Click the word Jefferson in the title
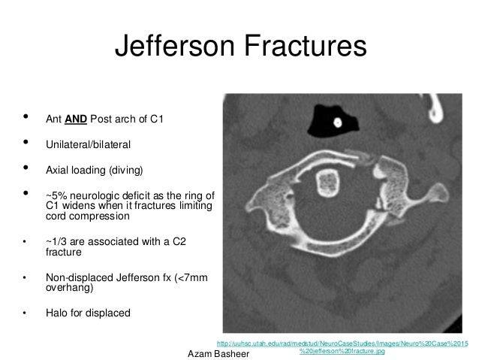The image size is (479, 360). [171, 47]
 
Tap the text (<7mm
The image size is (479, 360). [192, 276]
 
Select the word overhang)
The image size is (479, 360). [68, 287]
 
